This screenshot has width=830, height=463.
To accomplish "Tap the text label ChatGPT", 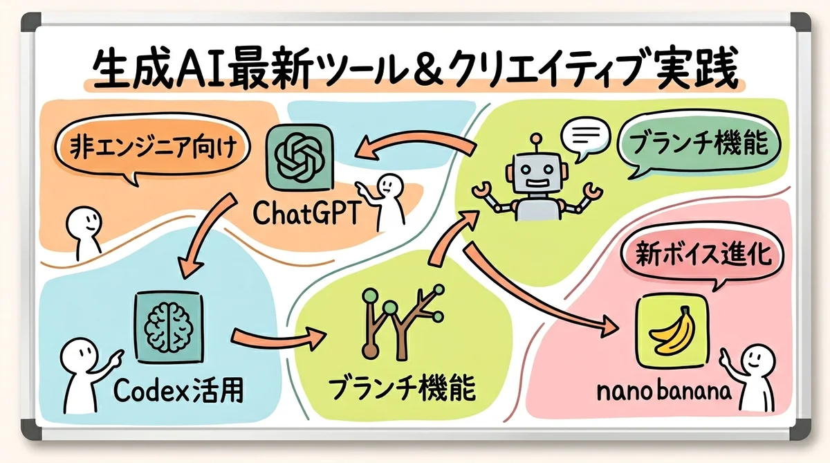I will tap(305, 212).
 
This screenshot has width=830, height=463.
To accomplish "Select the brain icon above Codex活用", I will tap(169, 323).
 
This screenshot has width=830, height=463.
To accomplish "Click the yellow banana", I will tap(671, 331).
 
